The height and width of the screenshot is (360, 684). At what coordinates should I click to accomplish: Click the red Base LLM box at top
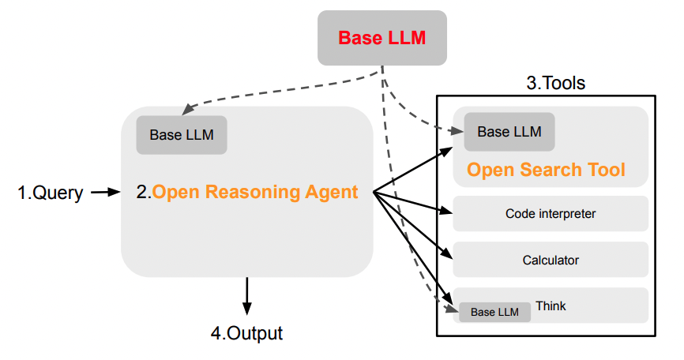(381, 38)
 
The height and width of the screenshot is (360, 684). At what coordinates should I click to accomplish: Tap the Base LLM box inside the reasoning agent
(182, 135)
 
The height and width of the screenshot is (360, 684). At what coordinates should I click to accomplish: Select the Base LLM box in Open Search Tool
(509, 132)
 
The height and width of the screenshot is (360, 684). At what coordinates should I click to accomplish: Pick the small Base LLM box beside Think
(494, 312)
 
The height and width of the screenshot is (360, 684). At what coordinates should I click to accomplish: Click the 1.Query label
(51, 193)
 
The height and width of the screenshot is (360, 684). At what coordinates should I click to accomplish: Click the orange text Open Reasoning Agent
(255, 192)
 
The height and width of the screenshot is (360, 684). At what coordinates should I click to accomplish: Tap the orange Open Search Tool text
(546, 170)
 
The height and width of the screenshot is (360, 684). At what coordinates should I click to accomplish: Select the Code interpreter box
(551, 213)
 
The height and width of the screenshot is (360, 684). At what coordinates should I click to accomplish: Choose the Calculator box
(551, 260)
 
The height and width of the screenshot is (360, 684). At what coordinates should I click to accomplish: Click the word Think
(551, 306)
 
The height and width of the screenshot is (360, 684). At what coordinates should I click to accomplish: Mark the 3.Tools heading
(555, 83)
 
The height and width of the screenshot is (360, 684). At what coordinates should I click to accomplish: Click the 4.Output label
(246, 332)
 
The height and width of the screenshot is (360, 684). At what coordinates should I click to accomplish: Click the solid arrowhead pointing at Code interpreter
(448, 211)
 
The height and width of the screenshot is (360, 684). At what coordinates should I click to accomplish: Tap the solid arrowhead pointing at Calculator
(448, 254)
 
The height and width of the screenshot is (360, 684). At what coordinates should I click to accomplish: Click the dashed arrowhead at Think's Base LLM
(453, 311)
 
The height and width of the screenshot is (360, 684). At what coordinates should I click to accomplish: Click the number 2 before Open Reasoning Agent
(141, 192)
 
